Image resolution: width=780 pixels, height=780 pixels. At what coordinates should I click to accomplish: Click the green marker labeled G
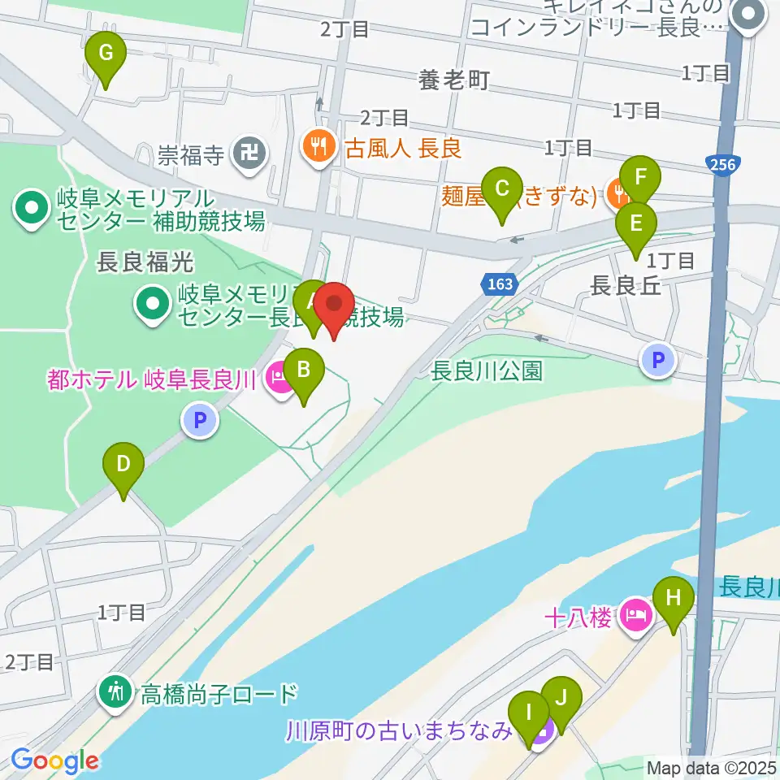click(106, 56)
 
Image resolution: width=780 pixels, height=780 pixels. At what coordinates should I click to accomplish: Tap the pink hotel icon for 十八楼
click(635, 617)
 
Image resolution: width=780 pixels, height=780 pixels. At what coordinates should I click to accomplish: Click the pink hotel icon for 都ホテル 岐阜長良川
click(281, 379)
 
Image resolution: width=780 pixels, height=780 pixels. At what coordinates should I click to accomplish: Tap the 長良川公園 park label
click(486, 371)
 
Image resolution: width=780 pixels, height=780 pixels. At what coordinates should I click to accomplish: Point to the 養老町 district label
click(454, 80)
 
